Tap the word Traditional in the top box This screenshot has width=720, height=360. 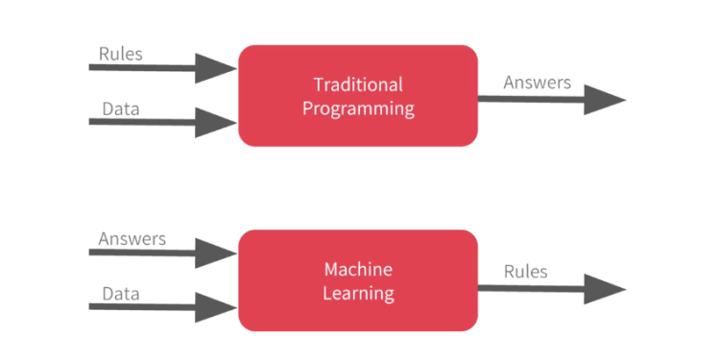[x=358, y=84]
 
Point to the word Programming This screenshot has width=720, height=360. [x=358, y=108]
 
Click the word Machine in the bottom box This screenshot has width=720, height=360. [x=358, y=270]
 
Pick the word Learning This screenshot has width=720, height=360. [x=358, y=293]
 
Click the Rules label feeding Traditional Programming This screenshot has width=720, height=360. [x=121, y=53]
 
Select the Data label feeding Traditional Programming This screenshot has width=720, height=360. [x=121, y=108]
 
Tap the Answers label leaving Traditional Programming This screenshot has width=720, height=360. [x=538, y=83]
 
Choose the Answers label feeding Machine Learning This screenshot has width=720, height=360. [x=132, y=238]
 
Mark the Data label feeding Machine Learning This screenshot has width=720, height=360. [x=121, y=292]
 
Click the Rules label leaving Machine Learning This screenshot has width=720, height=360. [x=526, y=272]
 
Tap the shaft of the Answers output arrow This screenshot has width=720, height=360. [x=528, y=98]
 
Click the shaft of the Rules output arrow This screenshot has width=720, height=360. [x=528, y=288]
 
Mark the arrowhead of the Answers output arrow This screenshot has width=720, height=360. [x=605, y=99]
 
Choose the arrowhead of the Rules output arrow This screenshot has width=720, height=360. [x=605, y=288]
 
